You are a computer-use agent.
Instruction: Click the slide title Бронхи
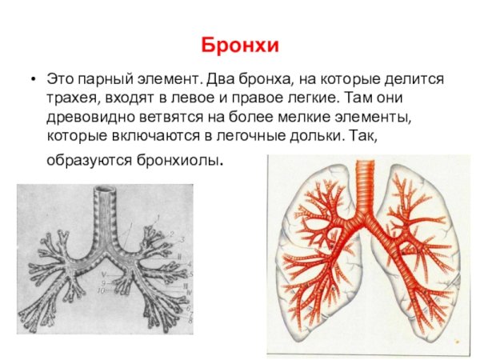coord(240,45)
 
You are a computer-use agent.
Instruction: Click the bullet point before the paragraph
coord(30,82)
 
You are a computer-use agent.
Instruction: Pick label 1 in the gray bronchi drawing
coord(158,216)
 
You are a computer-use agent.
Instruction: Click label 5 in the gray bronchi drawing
coord(190,274)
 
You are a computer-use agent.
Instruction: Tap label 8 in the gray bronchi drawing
coord(190,320)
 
